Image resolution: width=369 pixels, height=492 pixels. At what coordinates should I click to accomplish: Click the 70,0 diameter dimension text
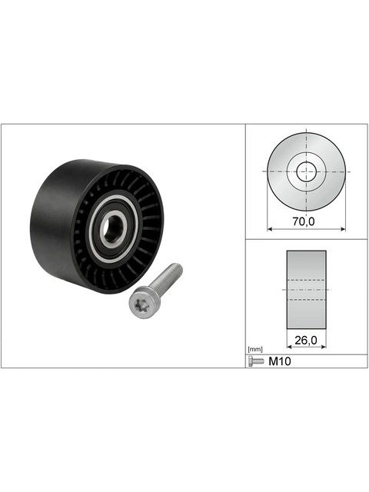coord(303,222)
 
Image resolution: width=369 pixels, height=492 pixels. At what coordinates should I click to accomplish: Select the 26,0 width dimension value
coord(306,340)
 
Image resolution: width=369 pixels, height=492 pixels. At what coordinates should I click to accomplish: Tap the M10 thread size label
coord(280,361)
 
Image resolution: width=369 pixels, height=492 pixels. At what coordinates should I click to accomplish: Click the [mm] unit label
coord(255,349)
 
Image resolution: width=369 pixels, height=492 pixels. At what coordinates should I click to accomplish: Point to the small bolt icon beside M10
coord(256,361)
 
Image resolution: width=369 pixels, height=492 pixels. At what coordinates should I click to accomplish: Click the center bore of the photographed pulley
coord(114,228)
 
